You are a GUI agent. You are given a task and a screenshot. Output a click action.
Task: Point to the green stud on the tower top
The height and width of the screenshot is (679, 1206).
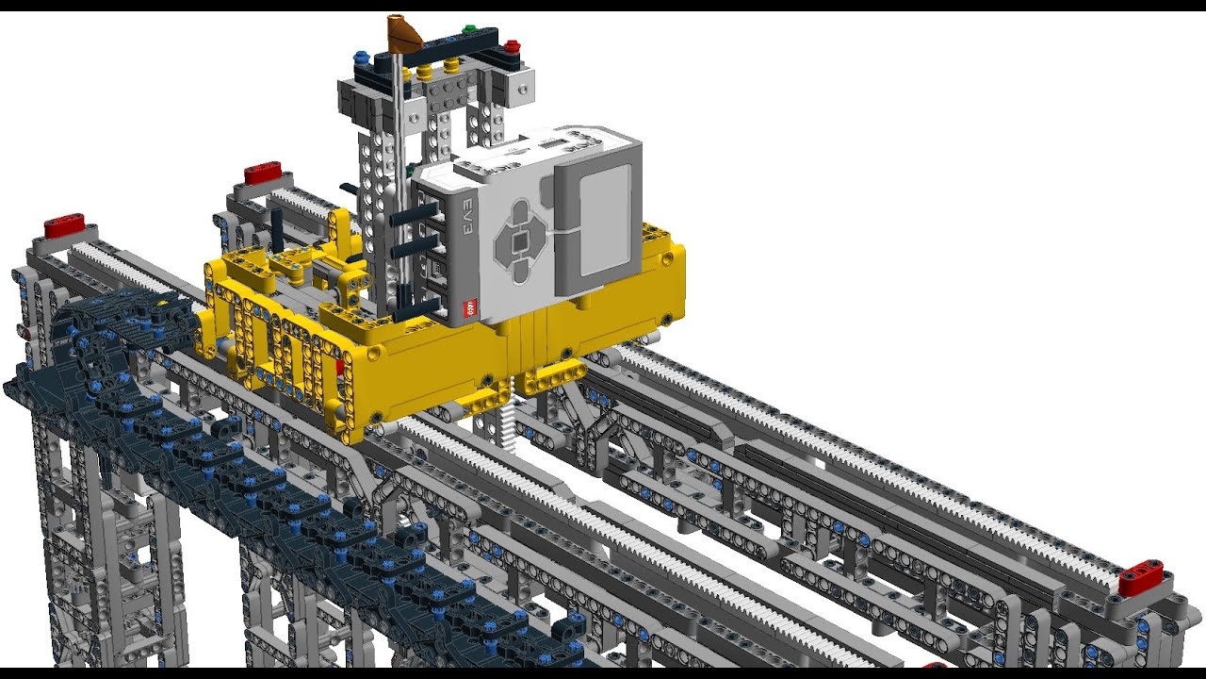pos(469,31)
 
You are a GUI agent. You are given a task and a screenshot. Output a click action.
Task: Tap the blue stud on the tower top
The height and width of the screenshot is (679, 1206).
pos(361,58)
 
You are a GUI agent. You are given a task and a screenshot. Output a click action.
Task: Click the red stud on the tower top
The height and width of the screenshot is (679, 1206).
pos(511,44)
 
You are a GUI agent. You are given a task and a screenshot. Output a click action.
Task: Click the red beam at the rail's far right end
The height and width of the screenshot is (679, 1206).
pos(1140,576)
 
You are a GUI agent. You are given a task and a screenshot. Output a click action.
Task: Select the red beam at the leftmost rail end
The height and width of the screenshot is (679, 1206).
pos(65,226)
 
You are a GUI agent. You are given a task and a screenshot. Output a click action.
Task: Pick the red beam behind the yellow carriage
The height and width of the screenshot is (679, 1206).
pos(263,173)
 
